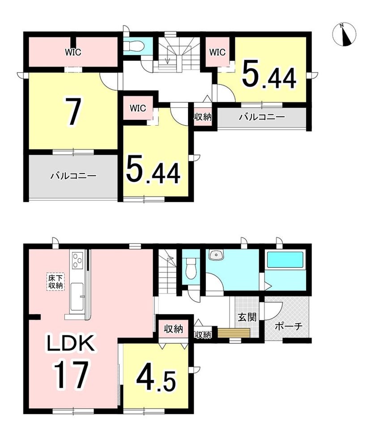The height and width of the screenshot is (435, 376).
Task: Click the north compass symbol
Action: click(344, 34)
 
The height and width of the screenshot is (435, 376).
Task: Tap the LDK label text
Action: click(70, 343)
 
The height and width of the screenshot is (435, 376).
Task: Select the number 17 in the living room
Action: click(71, 375)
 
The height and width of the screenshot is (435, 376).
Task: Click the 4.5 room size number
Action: click(156, 380)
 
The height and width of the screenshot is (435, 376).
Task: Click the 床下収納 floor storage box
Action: click(56, 282)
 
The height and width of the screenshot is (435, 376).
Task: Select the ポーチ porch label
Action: click(288, 326)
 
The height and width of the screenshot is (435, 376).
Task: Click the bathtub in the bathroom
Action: click(285, 260)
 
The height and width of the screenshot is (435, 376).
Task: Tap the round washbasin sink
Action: click(216, 255)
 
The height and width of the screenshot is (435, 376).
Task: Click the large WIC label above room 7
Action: click(73, 52)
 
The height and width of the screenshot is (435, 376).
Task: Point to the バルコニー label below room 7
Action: click(73, 176)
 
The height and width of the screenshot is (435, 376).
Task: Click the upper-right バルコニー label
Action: click(262, 117)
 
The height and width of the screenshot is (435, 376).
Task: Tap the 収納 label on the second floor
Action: click(203, 117)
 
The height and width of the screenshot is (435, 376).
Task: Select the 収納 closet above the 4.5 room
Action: click(173, 329)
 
